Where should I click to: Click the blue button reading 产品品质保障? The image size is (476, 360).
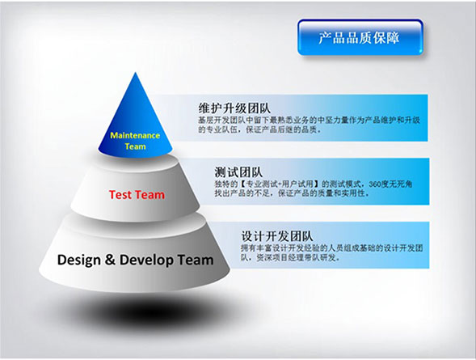(360, 37)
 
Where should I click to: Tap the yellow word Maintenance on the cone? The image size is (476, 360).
(135, 135)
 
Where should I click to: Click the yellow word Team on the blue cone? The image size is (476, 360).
(136, 146)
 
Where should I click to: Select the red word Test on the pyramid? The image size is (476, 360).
(120, 195)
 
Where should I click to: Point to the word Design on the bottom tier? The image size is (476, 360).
(79, 260)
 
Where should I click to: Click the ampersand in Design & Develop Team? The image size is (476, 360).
(110, 260)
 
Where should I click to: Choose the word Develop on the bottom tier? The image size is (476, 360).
(146, 260)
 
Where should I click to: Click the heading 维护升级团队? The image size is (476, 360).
(234, 108)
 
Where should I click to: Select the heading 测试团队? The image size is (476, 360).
(238, 172)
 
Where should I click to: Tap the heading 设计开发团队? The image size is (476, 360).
(277, 236)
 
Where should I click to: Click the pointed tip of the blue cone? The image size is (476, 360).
(136, 73)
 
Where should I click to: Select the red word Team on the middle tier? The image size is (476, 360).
(150, 195)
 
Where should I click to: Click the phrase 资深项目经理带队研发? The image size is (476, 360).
(297, 258)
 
